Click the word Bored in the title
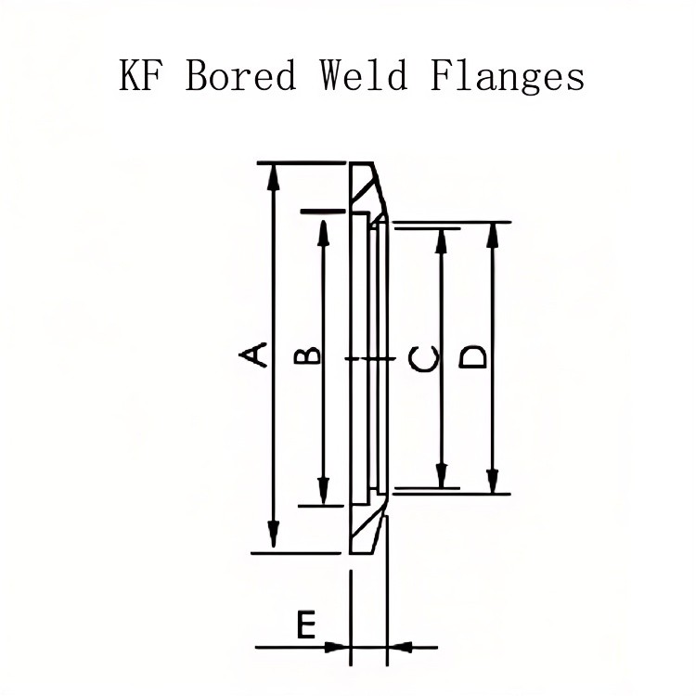(240, 74)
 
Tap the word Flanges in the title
(507, 76)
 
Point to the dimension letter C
(424, 357)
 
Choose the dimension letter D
(473, 357)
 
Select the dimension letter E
(305, 625)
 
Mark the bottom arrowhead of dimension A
(273, 538)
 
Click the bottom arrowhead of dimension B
(323, 491)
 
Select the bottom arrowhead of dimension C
(443, 474)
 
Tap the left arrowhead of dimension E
(339, 646)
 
